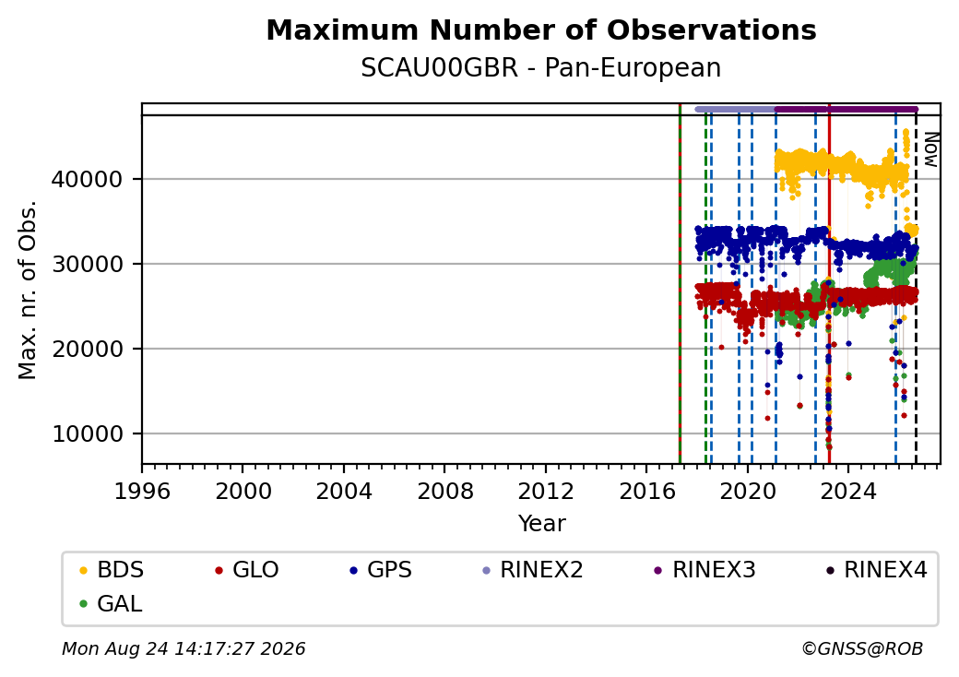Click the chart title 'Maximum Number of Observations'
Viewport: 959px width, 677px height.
[541, 30]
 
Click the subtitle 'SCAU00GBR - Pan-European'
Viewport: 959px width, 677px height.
[541, 68]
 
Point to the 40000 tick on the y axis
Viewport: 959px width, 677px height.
[88, 179]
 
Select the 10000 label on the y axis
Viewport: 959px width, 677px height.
[88, 434]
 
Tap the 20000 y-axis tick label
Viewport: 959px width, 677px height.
[88, 350]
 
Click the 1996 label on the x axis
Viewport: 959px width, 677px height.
[142, 491]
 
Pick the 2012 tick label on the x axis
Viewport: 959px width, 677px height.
[546, 491]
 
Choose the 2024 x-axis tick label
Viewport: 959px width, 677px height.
[848, 491]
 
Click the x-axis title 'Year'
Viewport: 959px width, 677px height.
[542, 524]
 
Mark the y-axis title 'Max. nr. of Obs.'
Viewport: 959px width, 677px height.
[28, 290]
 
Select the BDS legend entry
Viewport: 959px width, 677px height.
[112, 570]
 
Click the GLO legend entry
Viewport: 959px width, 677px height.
[247, 570]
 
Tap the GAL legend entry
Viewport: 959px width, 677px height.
[112, 603]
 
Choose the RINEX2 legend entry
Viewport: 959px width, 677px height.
[533, 570]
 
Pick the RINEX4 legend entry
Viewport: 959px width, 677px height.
[876, 570]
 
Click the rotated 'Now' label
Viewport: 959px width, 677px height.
[930, 149]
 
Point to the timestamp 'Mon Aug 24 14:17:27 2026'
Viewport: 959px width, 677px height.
[184, 648]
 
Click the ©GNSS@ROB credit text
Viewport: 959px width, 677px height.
[862, 648]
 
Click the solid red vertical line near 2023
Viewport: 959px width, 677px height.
[829, 284]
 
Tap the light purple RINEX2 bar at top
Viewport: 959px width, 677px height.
[736, 110]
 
